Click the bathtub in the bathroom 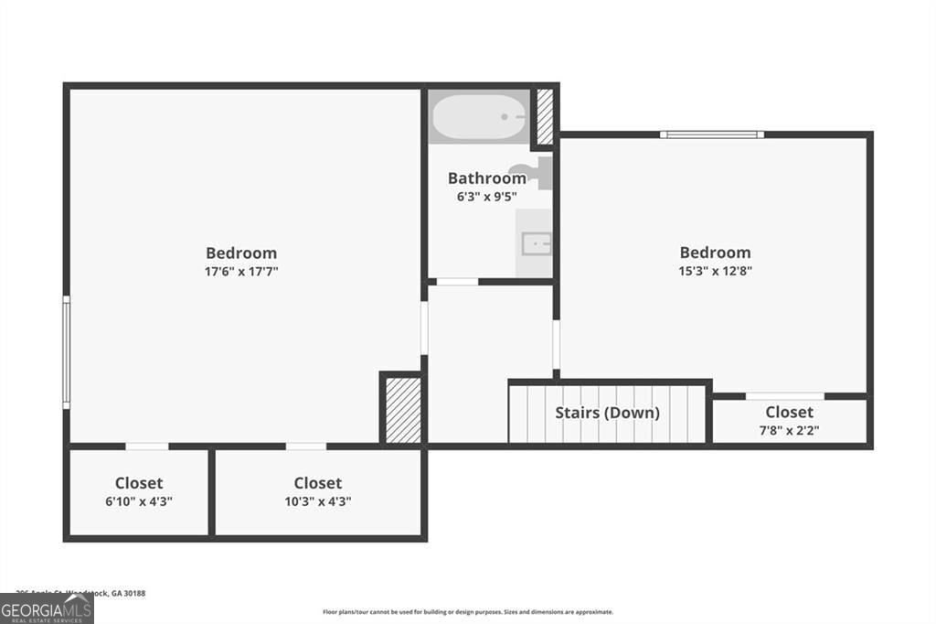(x=478, y=117)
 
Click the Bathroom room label (x=486, y=178)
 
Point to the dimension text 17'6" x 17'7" (x=241, y=271)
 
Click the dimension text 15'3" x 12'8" (x=715, y=271)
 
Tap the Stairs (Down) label (x=607, y=413)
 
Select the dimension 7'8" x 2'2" (x=789, y=430)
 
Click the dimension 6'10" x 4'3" (x=139, y=500)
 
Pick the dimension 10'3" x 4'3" (x=318, y=500)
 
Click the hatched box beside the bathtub (x=545, y=116)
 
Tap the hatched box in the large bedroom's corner (x=402, y=410)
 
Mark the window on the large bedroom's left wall (x=66, y=351)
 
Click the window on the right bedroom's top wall (x=712, y=134)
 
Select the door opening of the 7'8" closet (x=784, y=396)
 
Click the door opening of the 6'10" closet (x=146, y=446)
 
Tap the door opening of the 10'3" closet (x=306, y=446)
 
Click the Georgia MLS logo (x=47, y=608)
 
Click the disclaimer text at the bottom (x=467, y=612)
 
